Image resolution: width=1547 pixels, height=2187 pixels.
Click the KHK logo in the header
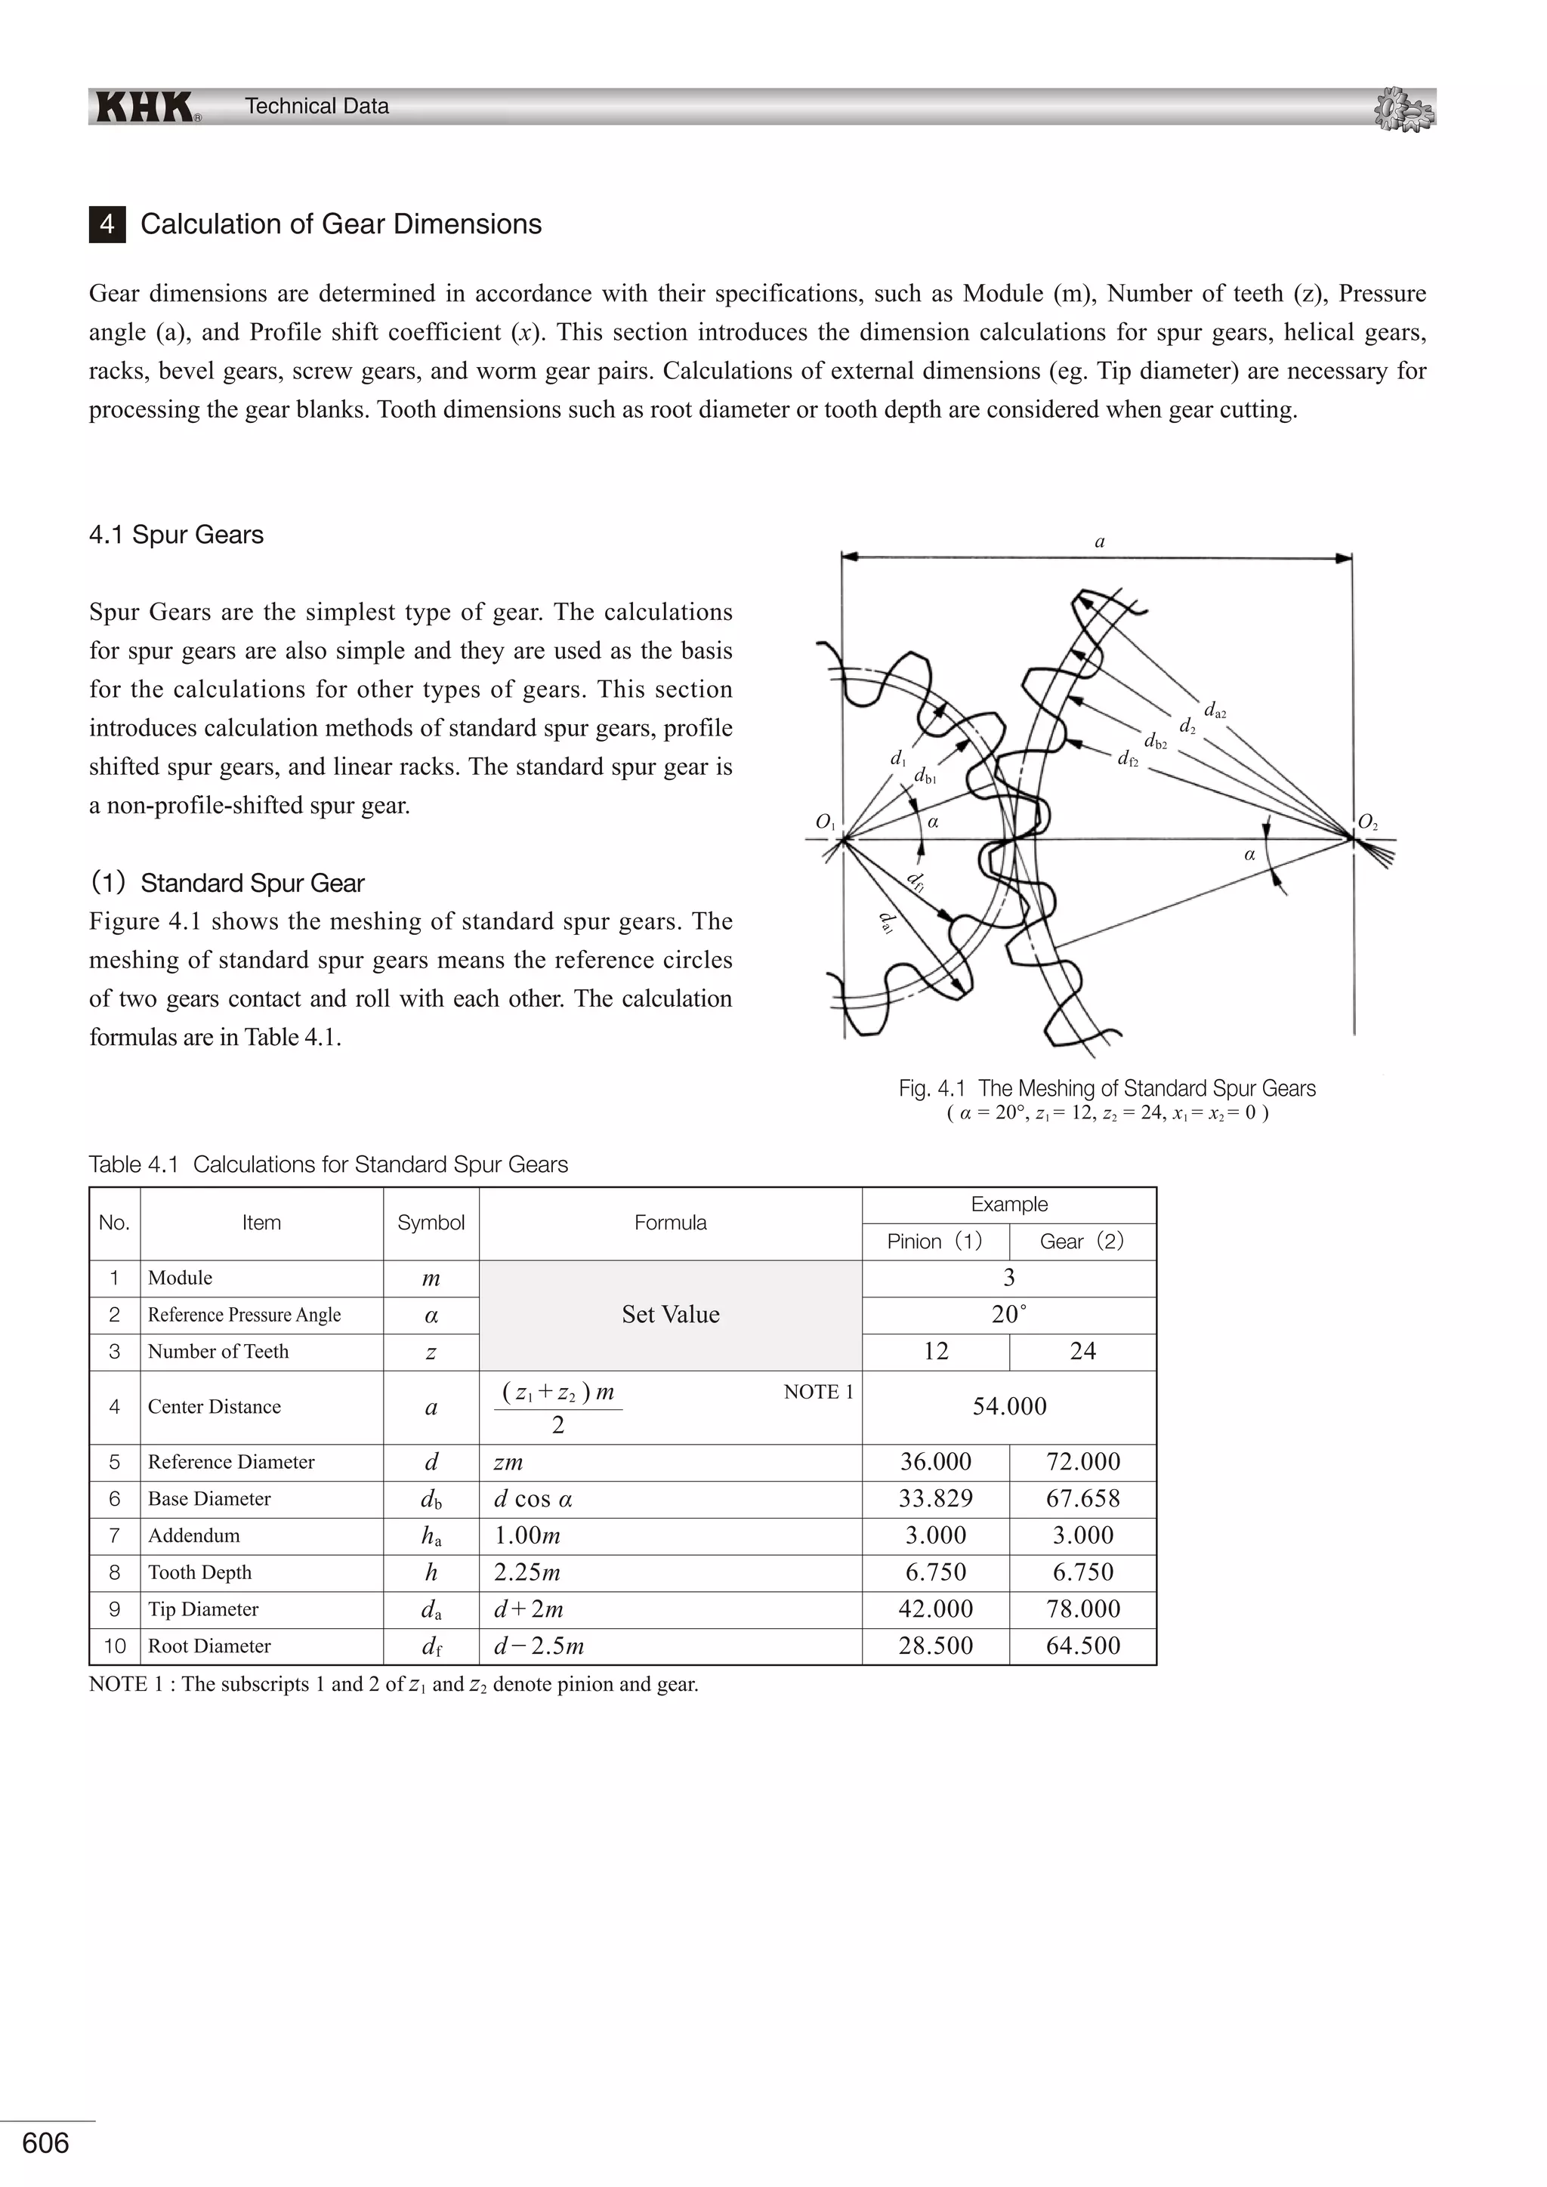point(145,106)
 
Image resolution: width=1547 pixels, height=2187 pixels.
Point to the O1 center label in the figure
point(825,821)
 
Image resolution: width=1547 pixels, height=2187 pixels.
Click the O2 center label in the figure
point(1367,821)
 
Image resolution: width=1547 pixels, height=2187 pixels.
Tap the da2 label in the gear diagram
point(1215,711)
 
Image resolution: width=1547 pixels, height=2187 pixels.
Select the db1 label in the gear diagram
point(925,776)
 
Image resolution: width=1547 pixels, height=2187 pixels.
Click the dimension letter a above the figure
point(1099,541)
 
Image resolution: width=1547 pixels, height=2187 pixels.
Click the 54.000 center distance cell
point(1008,1406)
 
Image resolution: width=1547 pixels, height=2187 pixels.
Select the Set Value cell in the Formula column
point(670,1315)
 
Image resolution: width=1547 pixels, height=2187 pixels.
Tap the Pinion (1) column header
point(934,1242)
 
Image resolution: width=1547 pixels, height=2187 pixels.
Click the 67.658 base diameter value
point(1082,1498)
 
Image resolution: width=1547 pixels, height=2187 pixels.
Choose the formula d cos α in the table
point(533,1499)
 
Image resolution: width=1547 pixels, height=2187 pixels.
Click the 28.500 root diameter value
point(935,1646)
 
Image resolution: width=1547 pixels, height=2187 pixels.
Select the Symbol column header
point(431,1223)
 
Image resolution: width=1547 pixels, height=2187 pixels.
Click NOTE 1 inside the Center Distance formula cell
point(818,1392)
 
